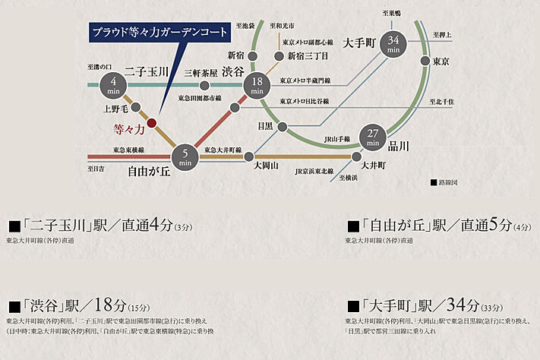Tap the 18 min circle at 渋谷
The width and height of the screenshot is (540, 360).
pos(257,86)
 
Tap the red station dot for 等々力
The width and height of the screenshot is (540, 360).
pos(151,122)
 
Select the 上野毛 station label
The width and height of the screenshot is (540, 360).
pos(115,109)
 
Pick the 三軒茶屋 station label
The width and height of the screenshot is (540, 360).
pos(201,73)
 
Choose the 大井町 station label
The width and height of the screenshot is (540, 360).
pos(374,165)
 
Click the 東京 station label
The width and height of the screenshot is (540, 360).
pos(442,61)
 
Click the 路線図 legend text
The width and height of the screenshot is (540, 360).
pos(448,183)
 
